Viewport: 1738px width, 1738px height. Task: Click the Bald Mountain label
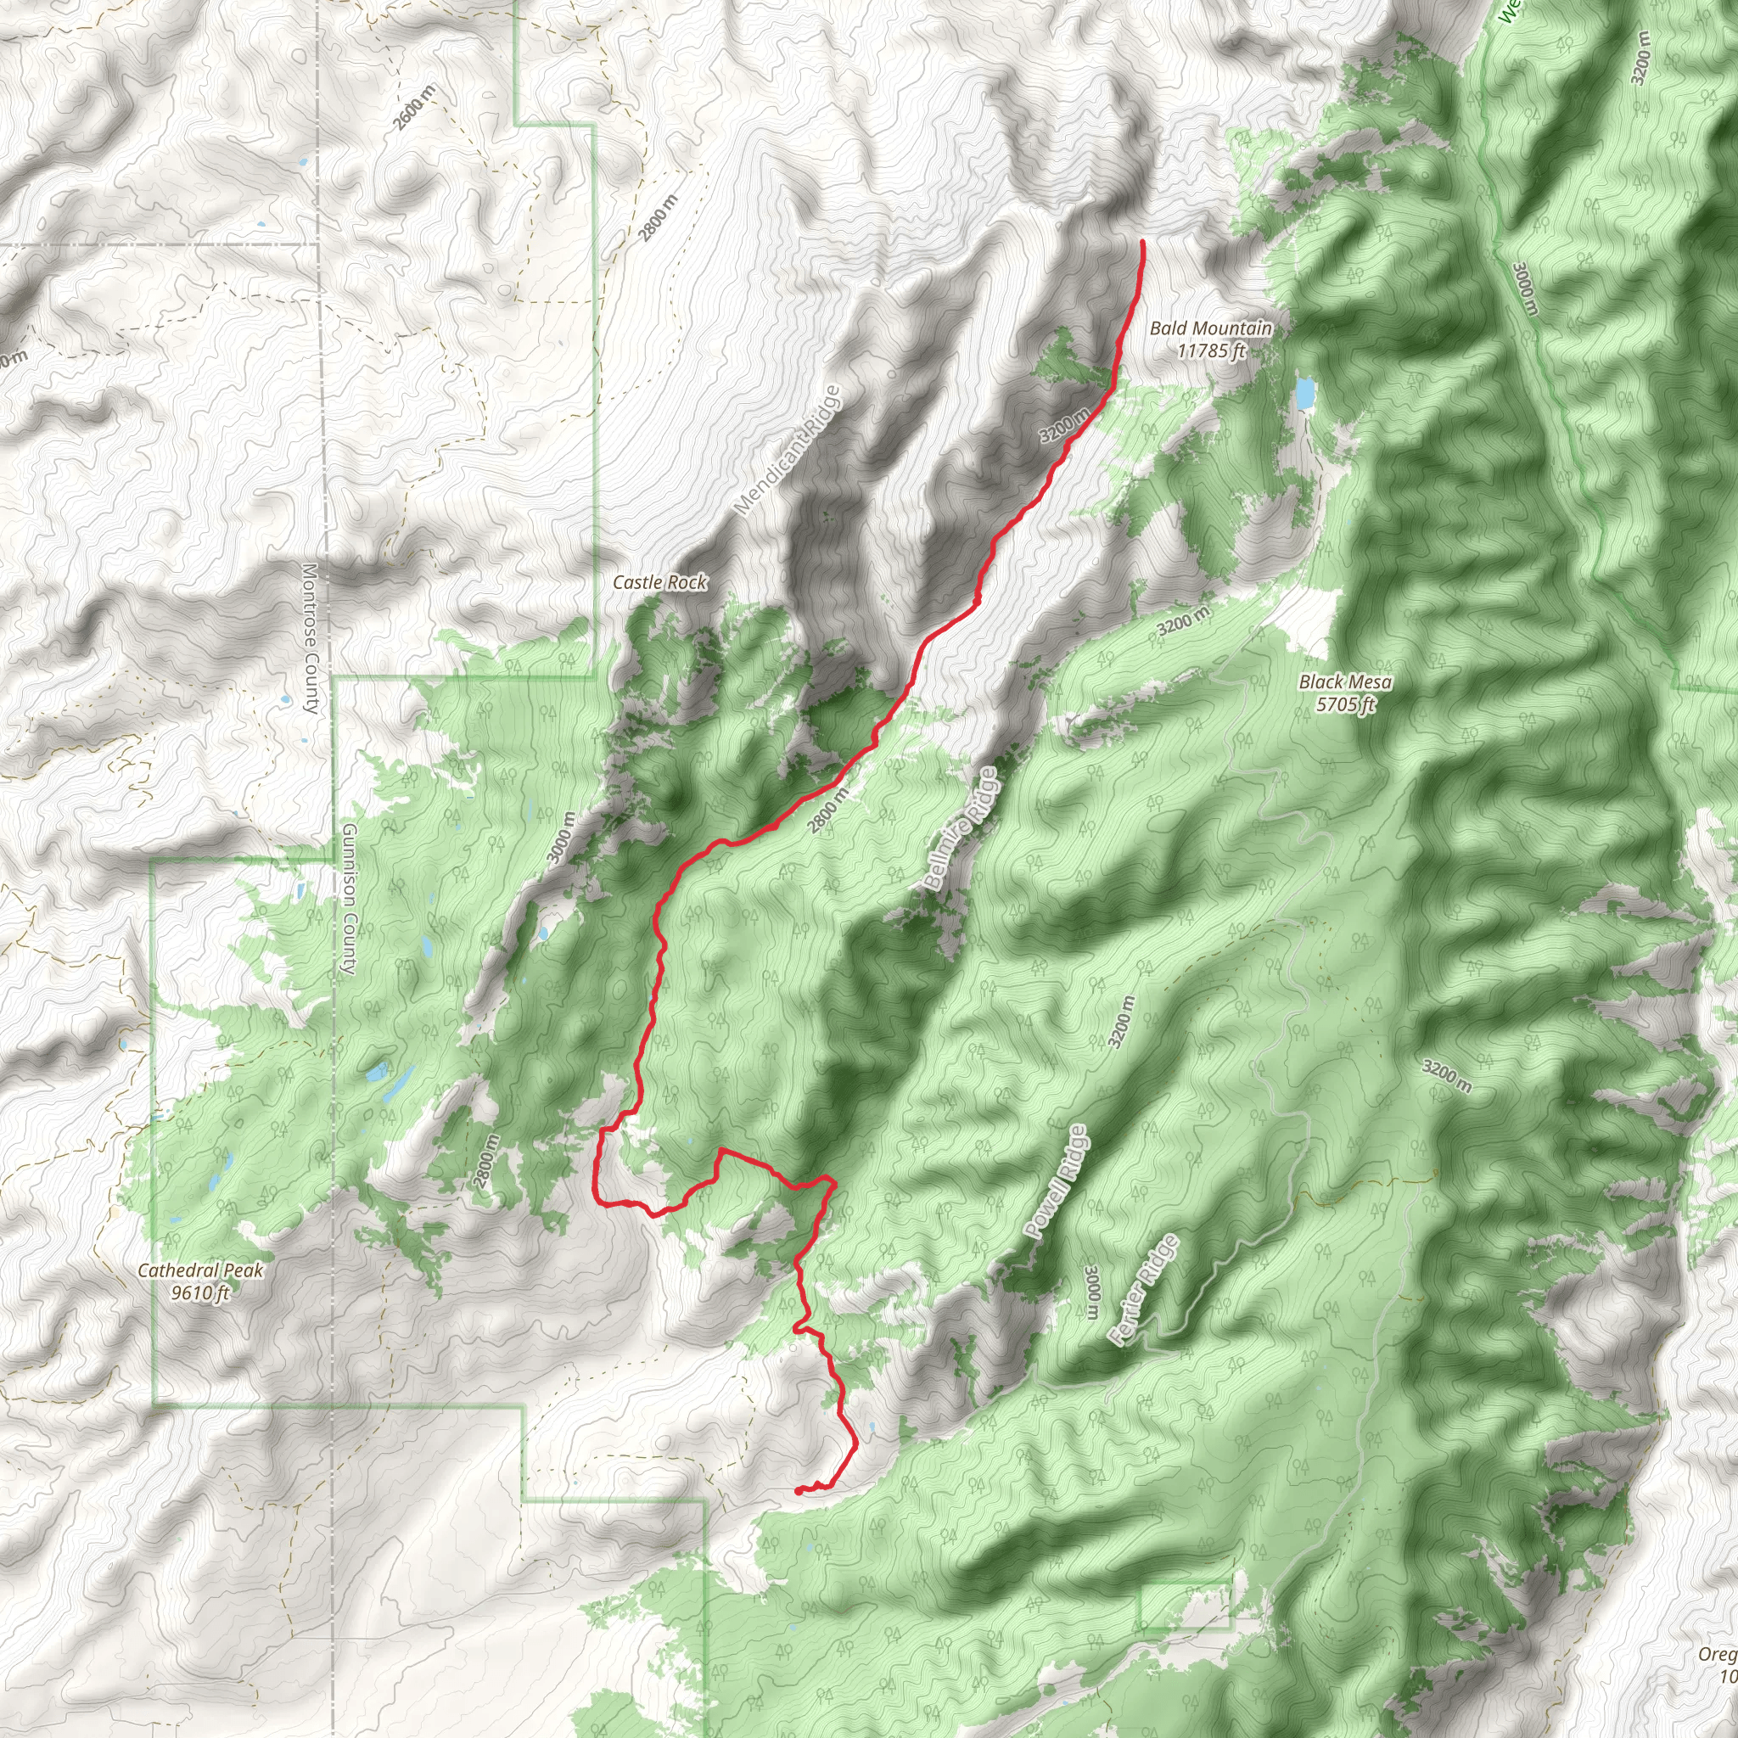1211,328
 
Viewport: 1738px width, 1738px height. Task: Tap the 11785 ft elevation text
1211,350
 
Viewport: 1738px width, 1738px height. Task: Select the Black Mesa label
1345,682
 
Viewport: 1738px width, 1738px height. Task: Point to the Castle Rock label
659,583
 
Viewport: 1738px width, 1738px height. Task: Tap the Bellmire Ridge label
961,828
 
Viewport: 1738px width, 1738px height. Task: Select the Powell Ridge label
1056,1182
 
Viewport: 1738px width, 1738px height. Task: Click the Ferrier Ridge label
1143,1290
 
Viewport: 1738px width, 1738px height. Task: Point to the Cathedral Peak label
200,1271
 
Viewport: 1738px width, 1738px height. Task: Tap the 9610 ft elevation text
200,1293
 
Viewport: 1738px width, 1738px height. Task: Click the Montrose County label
311,639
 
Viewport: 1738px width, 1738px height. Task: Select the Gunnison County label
349,899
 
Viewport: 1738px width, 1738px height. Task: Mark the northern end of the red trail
1142,242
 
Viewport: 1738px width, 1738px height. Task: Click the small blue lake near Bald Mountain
1303,393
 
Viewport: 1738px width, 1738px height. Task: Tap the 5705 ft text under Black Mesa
1345,704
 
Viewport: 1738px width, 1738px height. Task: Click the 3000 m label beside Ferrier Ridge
1092,1292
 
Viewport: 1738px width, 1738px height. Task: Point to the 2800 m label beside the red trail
827,810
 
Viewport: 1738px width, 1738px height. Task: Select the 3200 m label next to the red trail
1063,424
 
